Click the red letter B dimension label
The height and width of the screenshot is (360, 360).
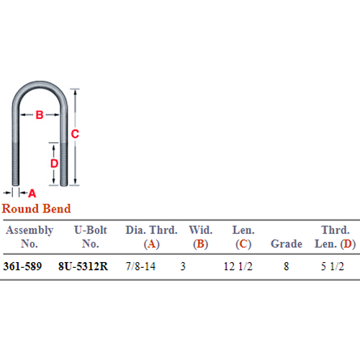40,114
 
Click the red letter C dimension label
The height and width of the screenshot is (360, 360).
75,134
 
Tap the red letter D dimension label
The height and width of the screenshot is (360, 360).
54,163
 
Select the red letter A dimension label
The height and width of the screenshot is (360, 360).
32,193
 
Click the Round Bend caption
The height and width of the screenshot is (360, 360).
36,208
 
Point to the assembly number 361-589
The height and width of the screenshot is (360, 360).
22,266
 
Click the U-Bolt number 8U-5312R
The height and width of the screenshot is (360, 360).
83,266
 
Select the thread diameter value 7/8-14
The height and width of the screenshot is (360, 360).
140,266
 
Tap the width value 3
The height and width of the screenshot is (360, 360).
183,266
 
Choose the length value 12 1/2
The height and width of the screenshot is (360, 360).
238,266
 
